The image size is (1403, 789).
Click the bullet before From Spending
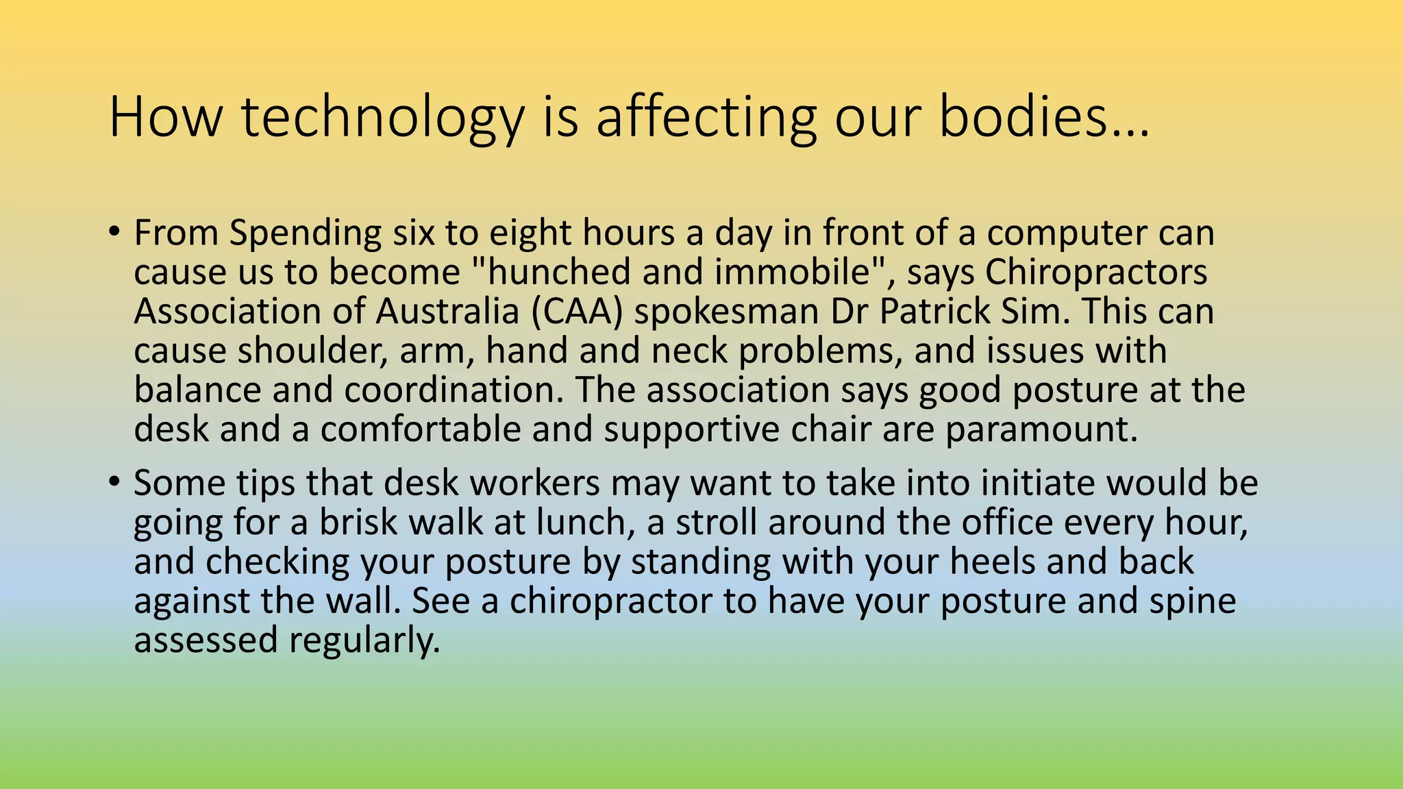point(114,231)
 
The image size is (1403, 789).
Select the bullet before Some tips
point(114,481)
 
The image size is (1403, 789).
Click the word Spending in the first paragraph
point(305,234)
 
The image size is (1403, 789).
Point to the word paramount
point(1041,430)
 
